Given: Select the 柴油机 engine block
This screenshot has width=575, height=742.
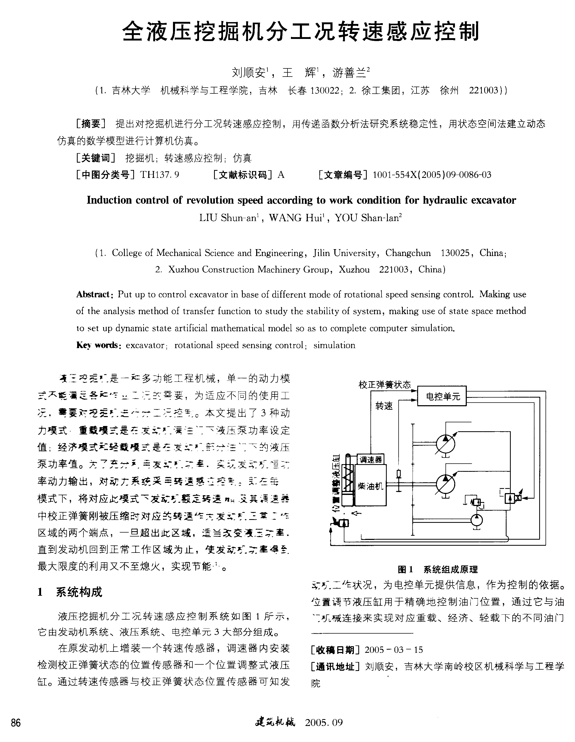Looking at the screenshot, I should coord(370,485).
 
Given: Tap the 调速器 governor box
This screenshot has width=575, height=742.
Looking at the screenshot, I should coord(371,460).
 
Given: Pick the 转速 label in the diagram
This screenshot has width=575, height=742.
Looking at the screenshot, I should coord(384,406).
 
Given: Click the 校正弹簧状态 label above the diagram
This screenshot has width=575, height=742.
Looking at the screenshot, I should coord(385,385).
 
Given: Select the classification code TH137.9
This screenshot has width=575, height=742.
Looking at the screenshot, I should coord(160,175).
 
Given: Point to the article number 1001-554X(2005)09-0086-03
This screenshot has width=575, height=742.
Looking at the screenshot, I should coord(432,175).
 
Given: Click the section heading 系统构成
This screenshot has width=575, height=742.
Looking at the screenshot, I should coord(79,592).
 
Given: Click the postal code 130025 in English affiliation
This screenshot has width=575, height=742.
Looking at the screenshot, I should coord(455,253).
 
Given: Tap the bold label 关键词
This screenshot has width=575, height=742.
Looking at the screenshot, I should coord(96,158).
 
